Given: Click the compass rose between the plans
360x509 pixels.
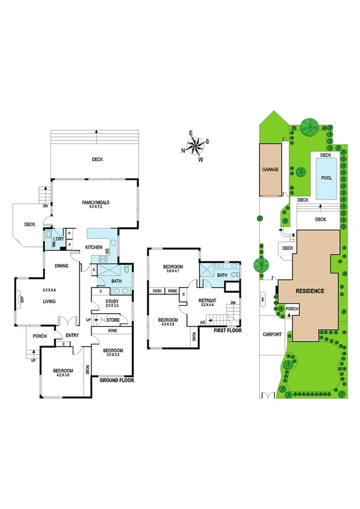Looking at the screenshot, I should (196, 145).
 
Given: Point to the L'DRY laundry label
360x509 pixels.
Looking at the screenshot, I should (58, 240).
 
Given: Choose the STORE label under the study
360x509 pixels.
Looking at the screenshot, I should (113, 321).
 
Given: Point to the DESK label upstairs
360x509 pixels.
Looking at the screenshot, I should (157, 291).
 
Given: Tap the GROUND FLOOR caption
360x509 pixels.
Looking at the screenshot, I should (116, 380).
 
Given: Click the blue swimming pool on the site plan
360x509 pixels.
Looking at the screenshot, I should (326, 177).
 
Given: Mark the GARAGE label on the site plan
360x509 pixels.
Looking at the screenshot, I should (270, 170).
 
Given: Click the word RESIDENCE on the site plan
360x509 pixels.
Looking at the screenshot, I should (310, 291).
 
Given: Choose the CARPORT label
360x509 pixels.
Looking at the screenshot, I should (272, 336).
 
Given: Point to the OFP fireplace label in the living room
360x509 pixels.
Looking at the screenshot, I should (21, 299).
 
